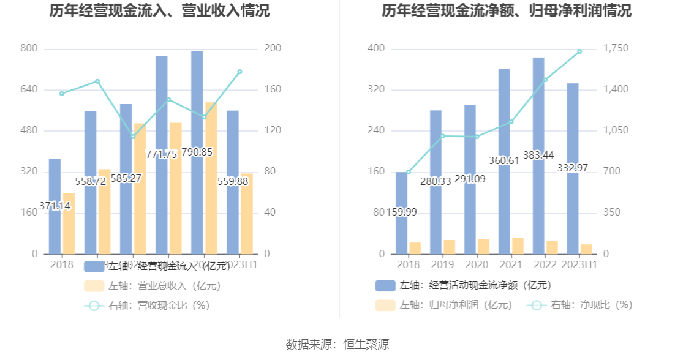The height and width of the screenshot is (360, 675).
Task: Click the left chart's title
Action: pyautogui.click(x=159, y=11)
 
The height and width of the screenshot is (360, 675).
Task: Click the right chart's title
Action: pyautogui.click(x=507, y=11)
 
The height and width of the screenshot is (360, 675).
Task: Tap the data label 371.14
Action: pyautogui.click(x=55, y=206)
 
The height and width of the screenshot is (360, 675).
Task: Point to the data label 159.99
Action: pyautogui.click(x=402, y=212)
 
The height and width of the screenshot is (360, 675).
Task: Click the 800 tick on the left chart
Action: pyautogui.click(x=29, y=48)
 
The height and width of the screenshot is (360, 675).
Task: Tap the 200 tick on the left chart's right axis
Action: pyautogui.click(x=273, y=48)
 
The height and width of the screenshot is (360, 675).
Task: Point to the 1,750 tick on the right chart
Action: pyautogui.click(x=616, y=48)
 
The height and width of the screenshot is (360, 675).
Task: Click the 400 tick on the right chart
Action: pyautogui.click(x=376, y=48)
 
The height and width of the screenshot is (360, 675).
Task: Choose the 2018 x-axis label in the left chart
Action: pyautogui.click(x=61, y=264)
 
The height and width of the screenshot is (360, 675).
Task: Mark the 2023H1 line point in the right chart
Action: pyautogui.click(x=579, y=51)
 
